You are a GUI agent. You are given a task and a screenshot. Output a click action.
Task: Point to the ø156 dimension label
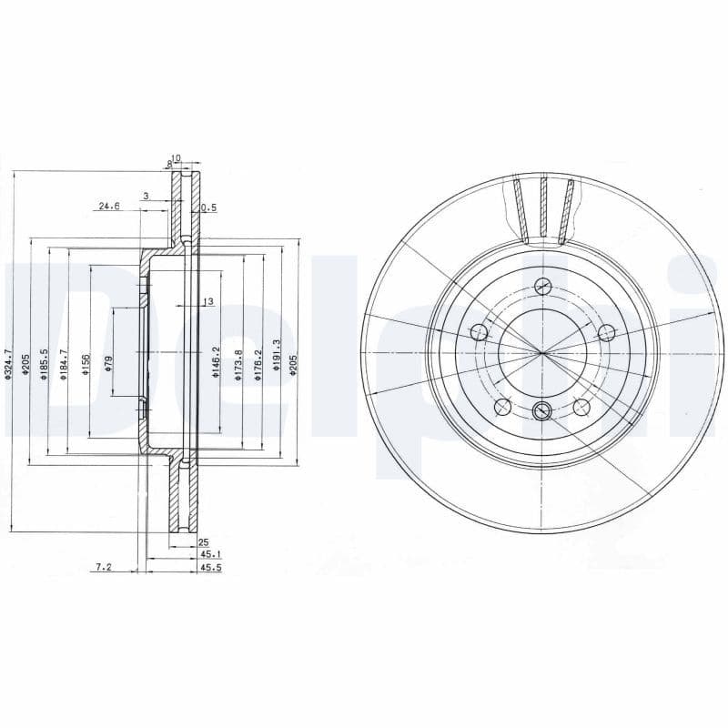pyautogui.click(x=87, y=364)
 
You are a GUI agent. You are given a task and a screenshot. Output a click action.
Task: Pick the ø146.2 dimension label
pyautogui.click(x=217, y=362)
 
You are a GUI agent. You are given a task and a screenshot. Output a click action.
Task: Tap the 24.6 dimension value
pyautogui.click(x=109, y=207)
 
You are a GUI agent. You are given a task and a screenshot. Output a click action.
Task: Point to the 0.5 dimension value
pyautogui.click(x=208, y=207)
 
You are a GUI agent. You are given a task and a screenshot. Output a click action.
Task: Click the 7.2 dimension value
pyautogui.click(x=103, y=567)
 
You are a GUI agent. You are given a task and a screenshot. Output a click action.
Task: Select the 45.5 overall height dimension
pyautogui.click(x=211, y=567)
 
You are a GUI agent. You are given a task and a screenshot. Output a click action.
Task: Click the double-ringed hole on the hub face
pyautogui.click(x=542, y=409)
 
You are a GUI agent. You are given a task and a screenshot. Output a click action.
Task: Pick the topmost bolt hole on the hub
pyautogui.click(x=543, y=286)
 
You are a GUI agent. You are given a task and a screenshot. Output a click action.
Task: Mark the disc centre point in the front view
pyautogui.click(x=542, y=351)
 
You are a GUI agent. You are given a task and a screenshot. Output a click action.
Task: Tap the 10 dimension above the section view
pyautogui.click(x=177, y=158)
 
